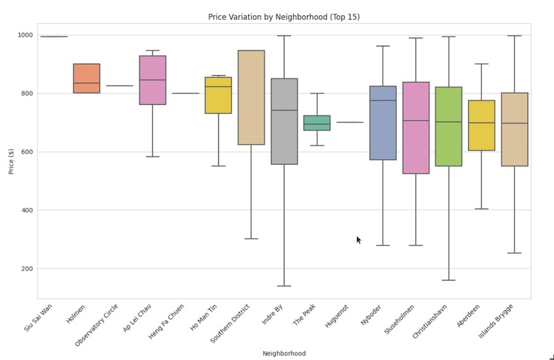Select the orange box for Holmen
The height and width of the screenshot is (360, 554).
pos(87,78)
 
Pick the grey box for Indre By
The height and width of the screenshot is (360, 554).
pos(284,122)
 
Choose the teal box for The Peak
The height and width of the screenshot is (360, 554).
pos(317,123)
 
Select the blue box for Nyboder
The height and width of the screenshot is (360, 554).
pos(383,123)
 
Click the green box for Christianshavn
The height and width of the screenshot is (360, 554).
pos(449,126)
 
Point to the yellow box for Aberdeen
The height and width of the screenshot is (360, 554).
pos(482,125)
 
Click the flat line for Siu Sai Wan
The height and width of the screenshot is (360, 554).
pos(54,36)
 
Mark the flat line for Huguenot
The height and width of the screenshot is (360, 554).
pos(350,122)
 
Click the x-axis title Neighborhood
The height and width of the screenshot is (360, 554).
pos(284,353)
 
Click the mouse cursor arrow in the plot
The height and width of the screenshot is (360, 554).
pos(358,240)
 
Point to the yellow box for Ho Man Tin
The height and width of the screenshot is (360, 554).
pos(219,95)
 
